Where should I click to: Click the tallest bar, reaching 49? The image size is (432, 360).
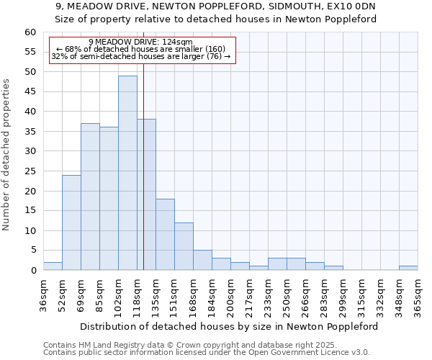pyautogui.click(x=127, y=173)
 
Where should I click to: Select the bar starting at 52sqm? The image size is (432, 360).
pyautogui.click(x=71, y=222)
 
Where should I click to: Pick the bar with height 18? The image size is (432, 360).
pyautogui.click(x=165, y=234)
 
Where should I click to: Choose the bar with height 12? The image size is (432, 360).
pyautogui.click(x=184, y=246)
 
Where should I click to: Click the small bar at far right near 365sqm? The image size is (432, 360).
pyautogui.click(x=408, y=268)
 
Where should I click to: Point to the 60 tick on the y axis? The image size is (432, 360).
pyautogui.click(x=30, y=32)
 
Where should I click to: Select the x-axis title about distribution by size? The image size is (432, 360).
pyautogui.click(x=228, y=326)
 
